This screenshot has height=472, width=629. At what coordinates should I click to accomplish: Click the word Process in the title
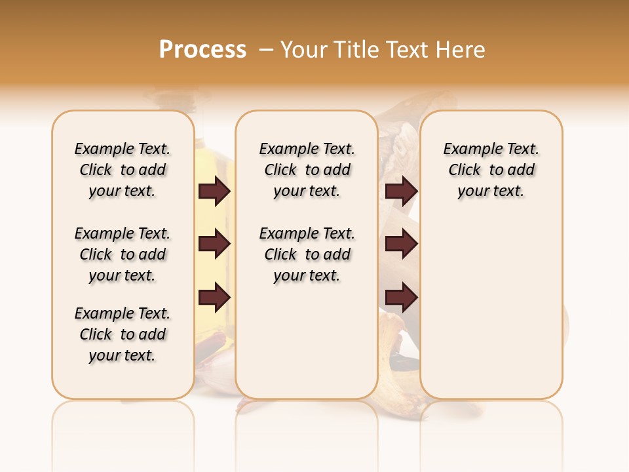coord(202,50)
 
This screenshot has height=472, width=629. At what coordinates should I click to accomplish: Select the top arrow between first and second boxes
coord(215,191)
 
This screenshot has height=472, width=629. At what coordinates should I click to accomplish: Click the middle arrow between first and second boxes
coord(215,245)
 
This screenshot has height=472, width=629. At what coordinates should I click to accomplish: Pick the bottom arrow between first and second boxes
coord(215,298)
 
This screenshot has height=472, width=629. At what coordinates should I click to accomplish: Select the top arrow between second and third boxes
coord(401,191)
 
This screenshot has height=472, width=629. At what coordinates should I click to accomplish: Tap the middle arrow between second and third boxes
coord(401,245)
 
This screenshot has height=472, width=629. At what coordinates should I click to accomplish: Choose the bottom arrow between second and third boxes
coord(401,298)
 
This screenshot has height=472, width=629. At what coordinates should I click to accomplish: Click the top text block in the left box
coord(123,170)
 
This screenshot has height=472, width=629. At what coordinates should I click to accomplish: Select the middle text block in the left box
coord(123,254)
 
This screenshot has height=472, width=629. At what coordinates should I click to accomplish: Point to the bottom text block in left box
coord(123,334)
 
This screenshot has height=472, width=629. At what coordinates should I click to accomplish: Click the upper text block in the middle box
coord(307,170)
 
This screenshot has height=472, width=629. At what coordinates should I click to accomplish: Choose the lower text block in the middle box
coord(307,254)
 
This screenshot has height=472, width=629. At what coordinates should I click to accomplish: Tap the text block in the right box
coord(491,170)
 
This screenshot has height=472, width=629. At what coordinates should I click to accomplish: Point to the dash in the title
coord(267,50)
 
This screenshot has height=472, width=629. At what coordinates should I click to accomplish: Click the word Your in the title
coord(305,50)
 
